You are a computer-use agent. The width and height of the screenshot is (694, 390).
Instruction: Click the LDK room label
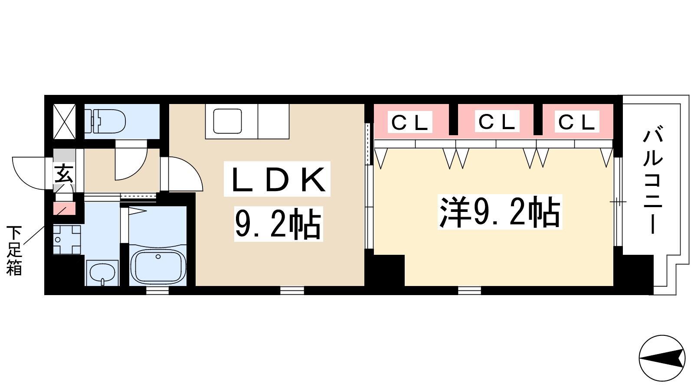click(277, 179)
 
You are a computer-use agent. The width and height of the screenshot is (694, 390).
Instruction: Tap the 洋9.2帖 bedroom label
click(500, 212)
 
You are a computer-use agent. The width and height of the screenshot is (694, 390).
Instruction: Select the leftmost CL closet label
click(410, 122)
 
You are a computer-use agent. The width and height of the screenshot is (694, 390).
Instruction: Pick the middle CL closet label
click(497, 121)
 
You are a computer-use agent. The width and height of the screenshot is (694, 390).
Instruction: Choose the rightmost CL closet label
click(576, 122)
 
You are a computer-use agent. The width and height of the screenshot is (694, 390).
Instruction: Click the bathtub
click(158, 267)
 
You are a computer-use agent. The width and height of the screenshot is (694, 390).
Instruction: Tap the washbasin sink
click(102, 273)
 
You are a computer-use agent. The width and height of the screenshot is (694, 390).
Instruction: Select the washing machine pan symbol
click(67, 240)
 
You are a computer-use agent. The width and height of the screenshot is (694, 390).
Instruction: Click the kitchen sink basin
click(227, 121)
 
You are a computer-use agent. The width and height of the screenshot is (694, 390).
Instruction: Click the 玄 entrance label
click(64, 175)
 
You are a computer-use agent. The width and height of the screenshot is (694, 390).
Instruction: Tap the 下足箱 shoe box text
click(14, 251)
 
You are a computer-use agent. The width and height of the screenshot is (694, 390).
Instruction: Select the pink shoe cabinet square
click(65, 208)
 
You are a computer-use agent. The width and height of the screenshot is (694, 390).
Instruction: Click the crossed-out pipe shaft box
click(65, 121)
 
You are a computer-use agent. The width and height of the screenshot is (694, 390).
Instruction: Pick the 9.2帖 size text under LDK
click(278, 224)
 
